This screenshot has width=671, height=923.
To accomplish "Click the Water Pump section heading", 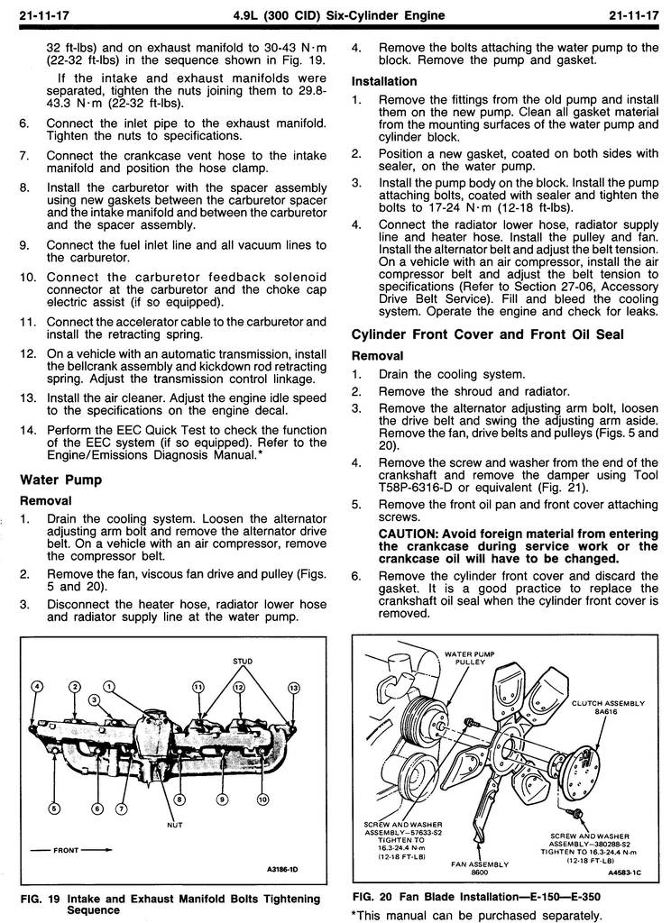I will [60, 480].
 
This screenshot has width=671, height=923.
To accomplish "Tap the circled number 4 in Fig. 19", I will [37, 687].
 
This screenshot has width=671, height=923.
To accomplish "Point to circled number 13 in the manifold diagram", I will [293, 688].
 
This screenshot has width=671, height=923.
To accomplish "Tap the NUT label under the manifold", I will [175, 824].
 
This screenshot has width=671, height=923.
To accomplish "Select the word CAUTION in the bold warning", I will [409, 533].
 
